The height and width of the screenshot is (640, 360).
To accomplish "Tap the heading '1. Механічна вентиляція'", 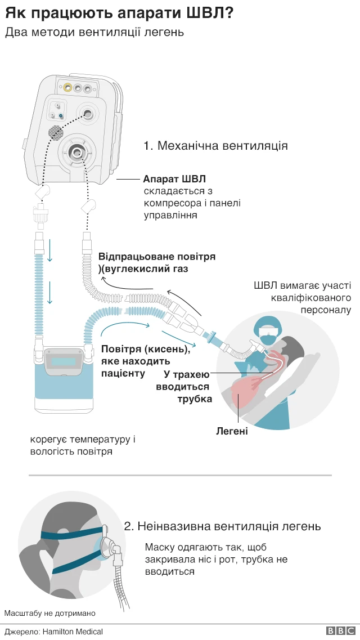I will click(x=215, y=146).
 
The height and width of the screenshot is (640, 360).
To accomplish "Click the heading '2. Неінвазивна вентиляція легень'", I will click(x=222, y=526).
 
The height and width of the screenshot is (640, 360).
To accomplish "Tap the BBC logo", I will click(x=340, y=632).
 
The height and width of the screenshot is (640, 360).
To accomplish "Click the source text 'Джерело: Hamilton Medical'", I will click(x=54, y=632).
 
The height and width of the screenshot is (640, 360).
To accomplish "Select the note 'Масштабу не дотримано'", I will click(x=50, y=613).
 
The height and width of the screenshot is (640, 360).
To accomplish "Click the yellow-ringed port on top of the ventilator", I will click(x=67, y=88).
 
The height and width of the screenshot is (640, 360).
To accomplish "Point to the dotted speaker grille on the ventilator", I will click(x=55, y=132).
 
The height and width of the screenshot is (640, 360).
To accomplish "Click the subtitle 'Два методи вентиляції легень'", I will click(x=94, y=32).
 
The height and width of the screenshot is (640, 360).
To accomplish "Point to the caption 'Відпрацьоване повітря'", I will click(x=157, y=257).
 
